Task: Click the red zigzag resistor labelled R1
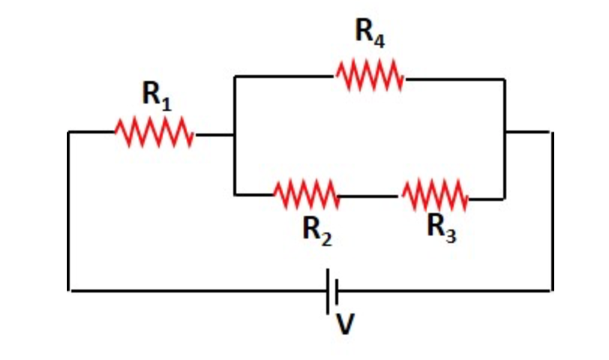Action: pos(154,134)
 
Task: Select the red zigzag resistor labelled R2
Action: pos(306,195)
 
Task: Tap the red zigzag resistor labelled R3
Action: pos(435,195)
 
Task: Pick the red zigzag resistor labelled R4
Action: pos(370,76)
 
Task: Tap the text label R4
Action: pos(370,34)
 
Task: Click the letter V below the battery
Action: pos(345,324)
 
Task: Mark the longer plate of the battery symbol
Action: pos(328,290)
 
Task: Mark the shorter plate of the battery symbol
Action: pos(337,290)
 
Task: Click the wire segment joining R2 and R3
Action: pos(370,196)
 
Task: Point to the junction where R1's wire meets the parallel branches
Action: pos(235,136)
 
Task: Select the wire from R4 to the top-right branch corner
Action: pos(454,77)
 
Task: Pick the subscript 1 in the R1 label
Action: pos(166,105)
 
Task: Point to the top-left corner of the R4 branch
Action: pos(235,76)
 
